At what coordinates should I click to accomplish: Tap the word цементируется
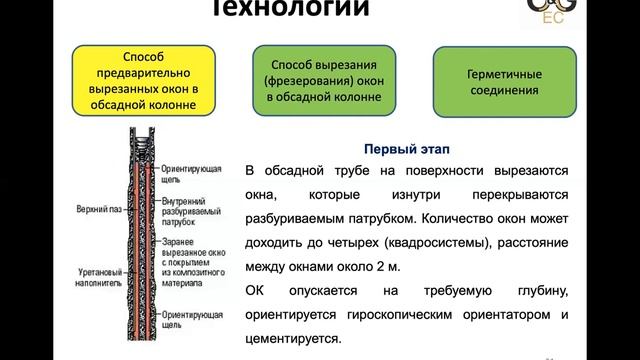click(x=295, y=341)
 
